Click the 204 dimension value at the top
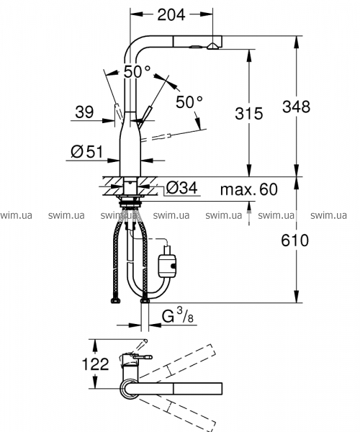pos(171,15)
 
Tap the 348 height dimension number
pos(296,107)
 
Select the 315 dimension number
pos(248,113)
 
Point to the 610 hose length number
pos(294,240)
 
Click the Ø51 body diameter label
pos(87,151)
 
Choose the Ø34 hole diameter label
pos(181,188)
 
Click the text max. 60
pos(249,189)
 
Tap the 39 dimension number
pos(84,112)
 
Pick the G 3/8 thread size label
pos(177,316)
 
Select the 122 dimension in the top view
pos(96,364)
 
